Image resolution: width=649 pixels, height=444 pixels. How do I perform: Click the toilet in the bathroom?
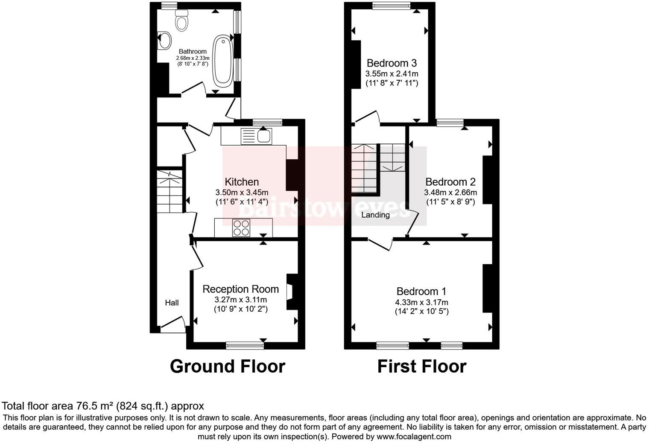[x=182, y=20]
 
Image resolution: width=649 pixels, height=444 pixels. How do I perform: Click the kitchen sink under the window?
[x=257, y=136]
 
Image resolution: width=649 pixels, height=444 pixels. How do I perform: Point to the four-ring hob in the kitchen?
[x=241, y=227]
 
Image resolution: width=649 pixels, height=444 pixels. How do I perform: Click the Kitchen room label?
[x=242, y=182]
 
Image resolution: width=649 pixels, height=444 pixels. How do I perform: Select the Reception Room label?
[x=240, y=289]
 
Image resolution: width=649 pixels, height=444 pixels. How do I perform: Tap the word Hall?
[x=172, y=303]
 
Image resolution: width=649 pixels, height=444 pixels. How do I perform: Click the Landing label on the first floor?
[x=375, y=215]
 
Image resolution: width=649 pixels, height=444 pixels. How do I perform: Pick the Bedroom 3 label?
[x=392, y=63]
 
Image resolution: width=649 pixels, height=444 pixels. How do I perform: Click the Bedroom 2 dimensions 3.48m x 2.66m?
[x=450, y=193]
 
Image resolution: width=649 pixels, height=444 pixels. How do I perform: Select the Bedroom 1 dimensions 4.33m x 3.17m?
[x=421, y=302]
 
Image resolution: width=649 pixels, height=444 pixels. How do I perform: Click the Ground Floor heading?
[x=227, y=366]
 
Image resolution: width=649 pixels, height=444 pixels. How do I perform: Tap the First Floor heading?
[x=421, y=366]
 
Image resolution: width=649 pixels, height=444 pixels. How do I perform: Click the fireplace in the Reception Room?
[x=290, y=292]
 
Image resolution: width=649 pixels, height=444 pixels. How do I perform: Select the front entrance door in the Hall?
[x=172, y=324]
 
